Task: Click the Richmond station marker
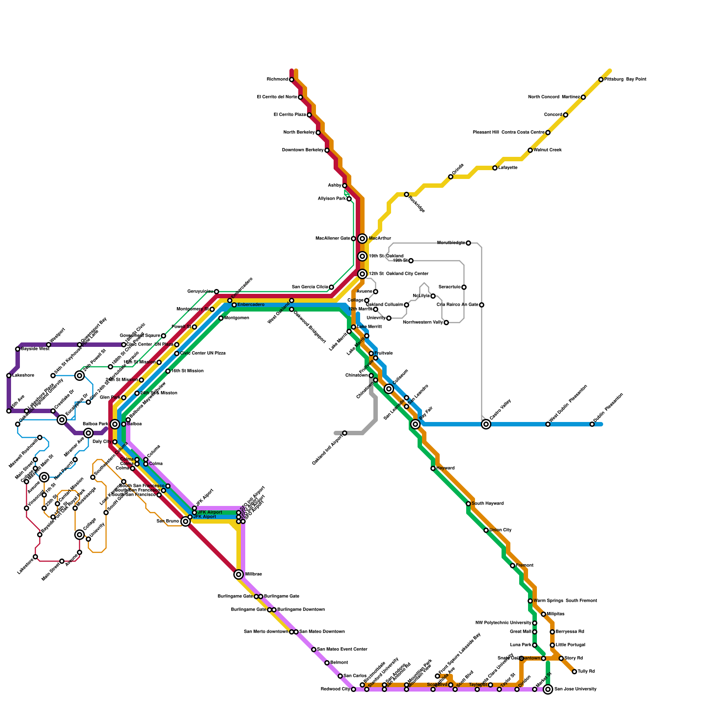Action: coord(292,80)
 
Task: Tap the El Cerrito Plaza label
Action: coord(290,115)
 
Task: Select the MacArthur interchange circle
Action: coord(362,239)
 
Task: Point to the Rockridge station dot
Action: coord(407,194)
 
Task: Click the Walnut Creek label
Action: coord(547,150)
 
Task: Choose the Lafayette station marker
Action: coord(495,168)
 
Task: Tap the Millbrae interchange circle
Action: coord(239,574)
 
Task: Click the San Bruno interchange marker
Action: coord(186,521)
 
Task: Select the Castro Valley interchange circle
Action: coord(486,424)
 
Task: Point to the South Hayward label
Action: coord(487,504)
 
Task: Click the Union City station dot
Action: coord(486,530)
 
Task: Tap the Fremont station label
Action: coord(525,566)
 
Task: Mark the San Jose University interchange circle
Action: coord(548,689)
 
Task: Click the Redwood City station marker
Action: coord(353,689)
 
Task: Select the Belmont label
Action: coord(339,663)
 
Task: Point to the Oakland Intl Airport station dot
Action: coord(345,433)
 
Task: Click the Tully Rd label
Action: coord(586,672)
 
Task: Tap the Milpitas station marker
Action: coord(544,614)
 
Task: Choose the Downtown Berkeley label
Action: coord(303,150)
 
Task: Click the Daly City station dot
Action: coord(115,442)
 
